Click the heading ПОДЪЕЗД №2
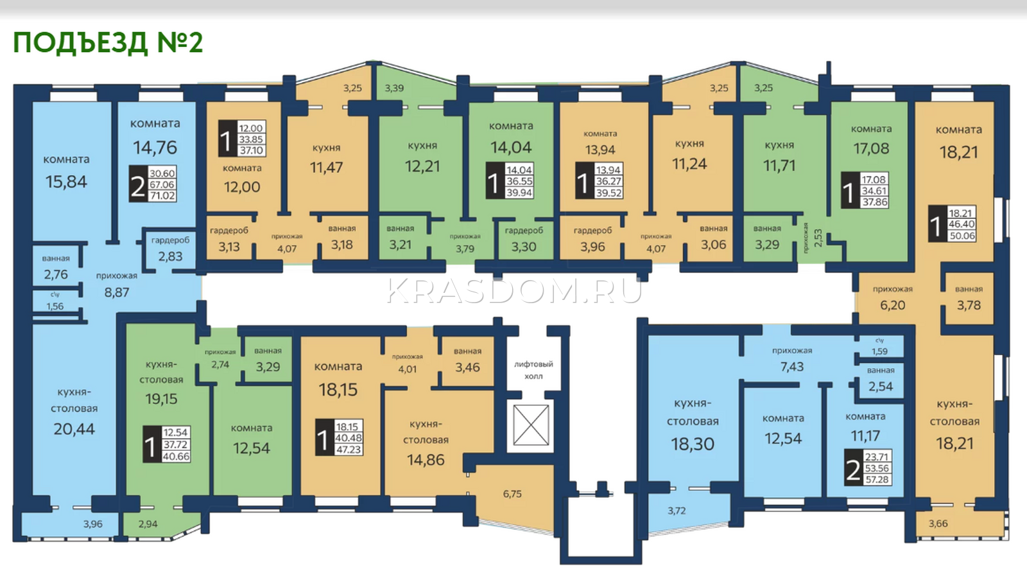108,42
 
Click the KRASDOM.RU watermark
514,290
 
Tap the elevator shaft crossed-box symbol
531,425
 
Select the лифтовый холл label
533,370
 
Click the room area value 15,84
66,182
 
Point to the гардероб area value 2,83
170,256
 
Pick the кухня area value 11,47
326,167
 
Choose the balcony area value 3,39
394,88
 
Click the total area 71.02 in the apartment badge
162,196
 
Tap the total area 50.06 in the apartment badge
962,236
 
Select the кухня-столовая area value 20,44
74,429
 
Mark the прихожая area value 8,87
116,292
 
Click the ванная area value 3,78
969,305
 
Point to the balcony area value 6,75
512,494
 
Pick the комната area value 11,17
865,435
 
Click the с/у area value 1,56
55,306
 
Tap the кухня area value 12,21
422,166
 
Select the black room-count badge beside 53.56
853,468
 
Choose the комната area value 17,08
871,148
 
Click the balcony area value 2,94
148,523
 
